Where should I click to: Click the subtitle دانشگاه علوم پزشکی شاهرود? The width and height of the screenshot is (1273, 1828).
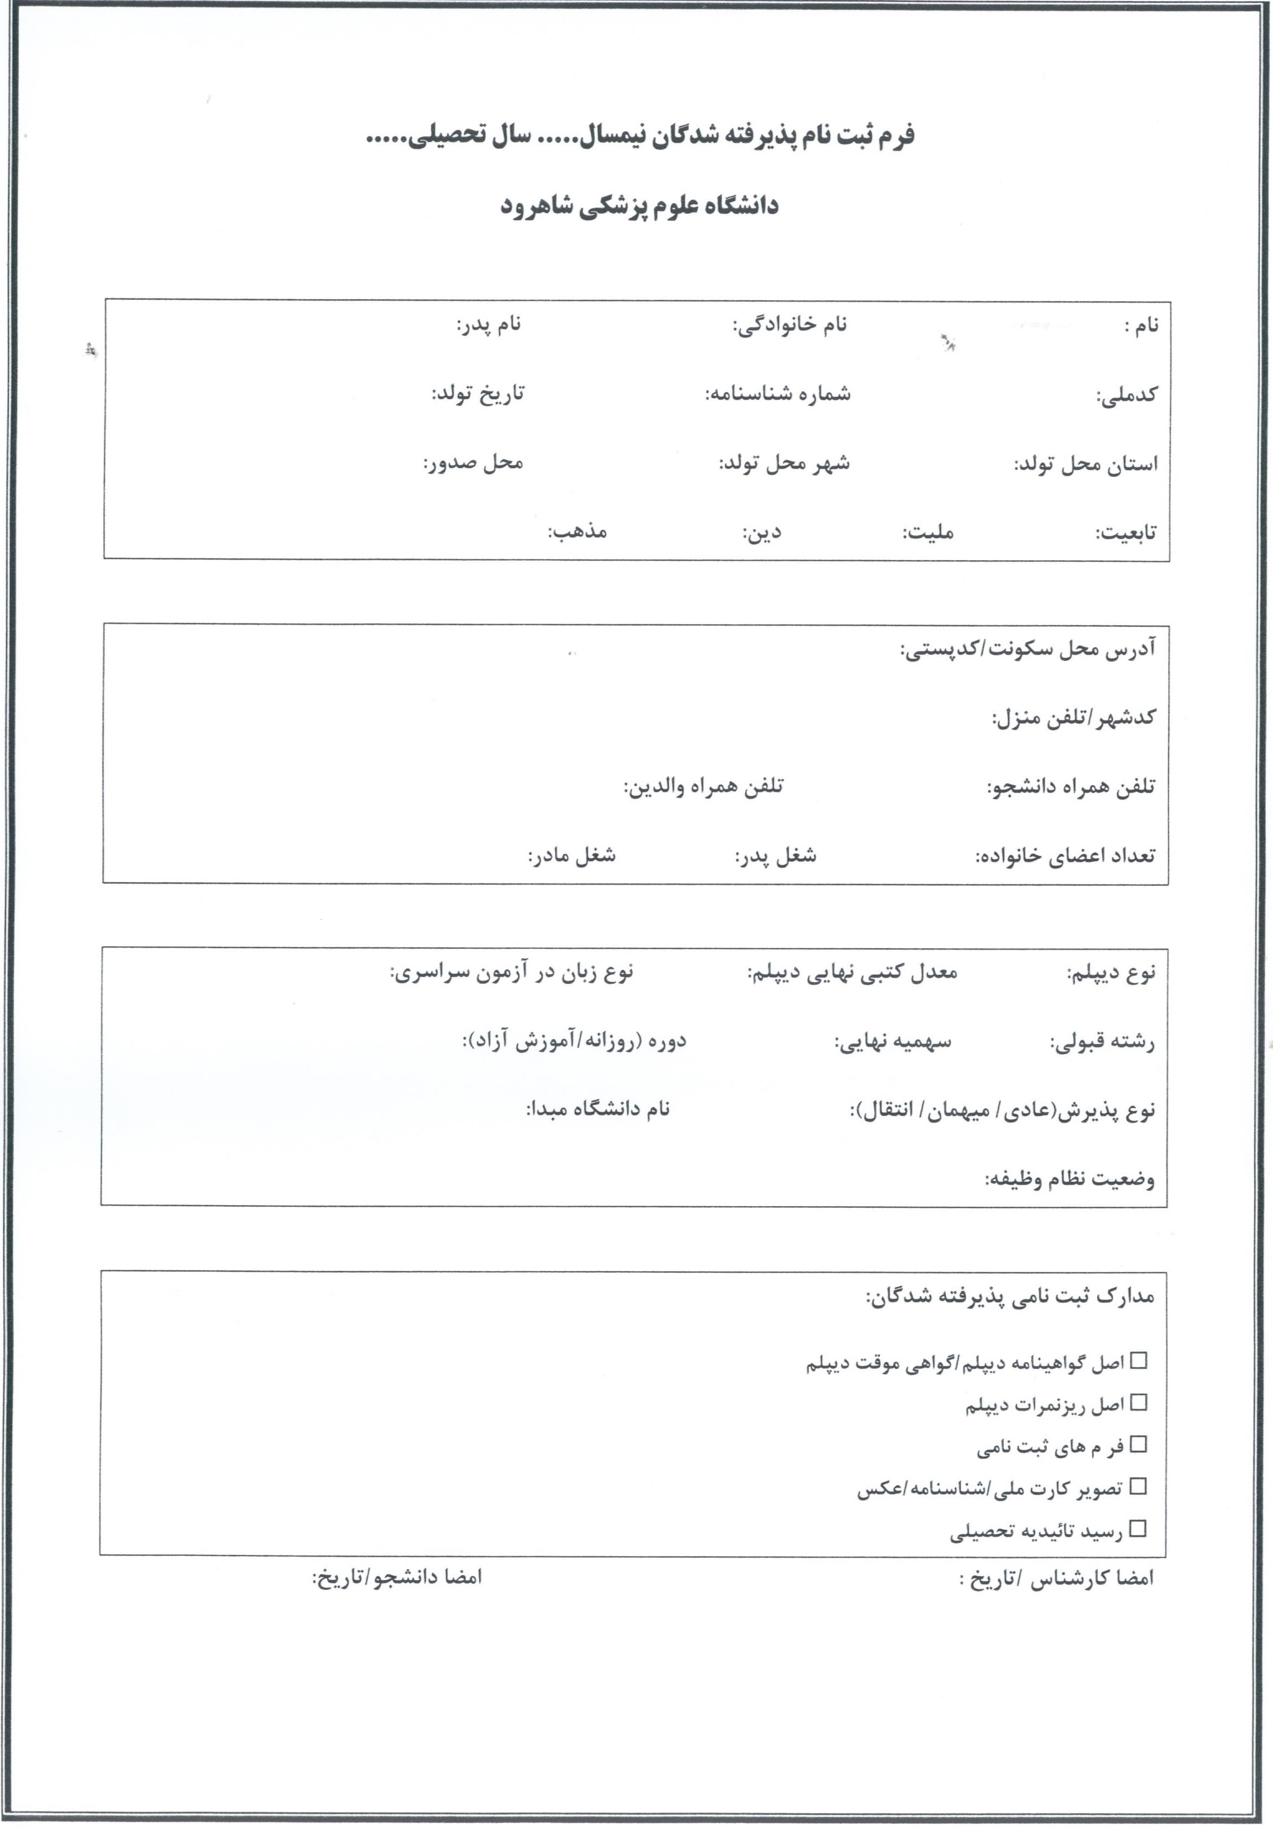(x=640, y=205)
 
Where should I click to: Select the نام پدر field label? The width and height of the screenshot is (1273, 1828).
(x=488, y=325)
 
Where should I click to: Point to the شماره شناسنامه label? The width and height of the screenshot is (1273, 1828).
(x=777, y=393)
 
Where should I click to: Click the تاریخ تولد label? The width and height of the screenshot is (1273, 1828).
(x=478, y=393)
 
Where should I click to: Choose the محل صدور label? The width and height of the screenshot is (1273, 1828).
(x=473, y=463)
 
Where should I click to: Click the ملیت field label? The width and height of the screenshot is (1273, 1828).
(x=928, y=532)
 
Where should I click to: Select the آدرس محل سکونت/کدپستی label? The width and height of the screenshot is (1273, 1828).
(x=1027, y=650)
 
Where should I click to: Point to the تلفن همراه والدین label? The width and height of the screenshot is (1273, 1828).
(x=703, y=786)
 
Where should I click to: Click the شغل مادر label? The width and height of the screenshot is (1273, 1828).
(x=572, y=856)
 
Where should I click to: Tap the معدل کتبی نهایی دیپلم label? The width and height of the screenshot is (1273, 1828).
(x=852, y=972)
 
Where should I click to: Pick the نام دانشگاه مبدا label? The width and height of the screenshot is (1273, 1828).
(x=597, y=1109)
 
